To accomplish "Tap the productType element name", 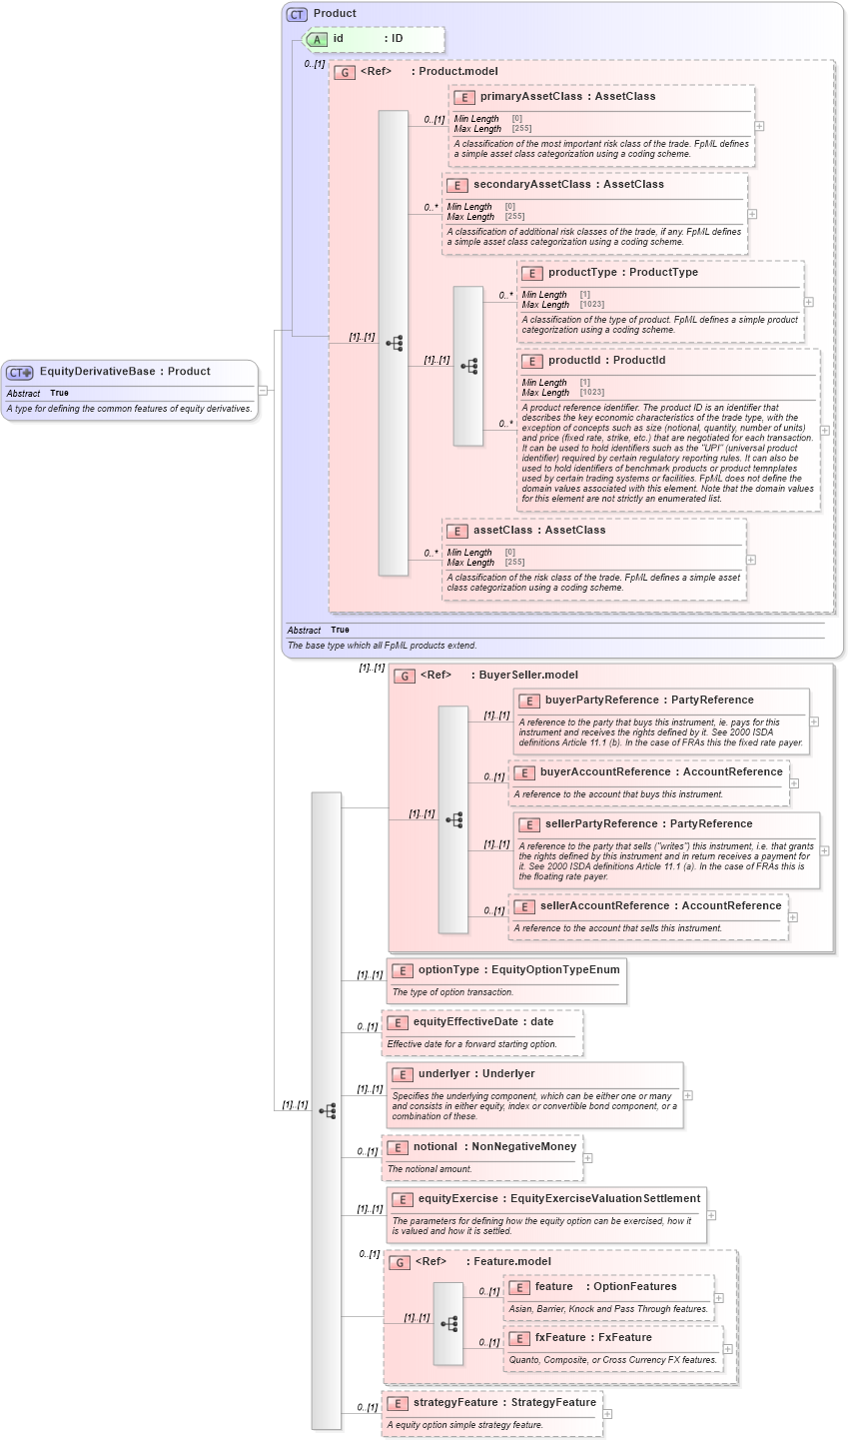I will [x=582, y=273].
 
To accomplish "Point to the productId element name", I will [x=576, y=361].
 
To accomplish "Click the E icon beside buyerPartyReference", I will [x=527, y=701].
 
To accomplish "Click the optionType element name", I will [x=449, y=970].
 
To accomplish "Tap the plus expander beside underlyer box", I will [x=688, y=1095].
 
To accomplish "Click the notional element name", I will [x=435, y=1147].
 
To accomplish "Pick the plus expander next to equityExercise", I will [x=711, y=1215].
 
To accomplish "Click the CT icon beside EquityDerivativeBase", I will [x=20, y=372].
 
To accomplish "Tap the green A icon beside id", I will [x=318, y=39].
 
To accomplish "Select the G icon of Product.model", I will [x=345, y=72].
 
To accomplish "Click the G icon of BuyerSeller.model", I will [x=405, y=676].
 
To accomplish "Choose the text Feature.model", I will [x=512, y=1262].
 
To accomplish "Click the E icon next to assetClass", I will [x=457, y=531].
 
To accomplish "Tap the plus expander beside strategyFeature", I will [x=607, y=1414].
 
